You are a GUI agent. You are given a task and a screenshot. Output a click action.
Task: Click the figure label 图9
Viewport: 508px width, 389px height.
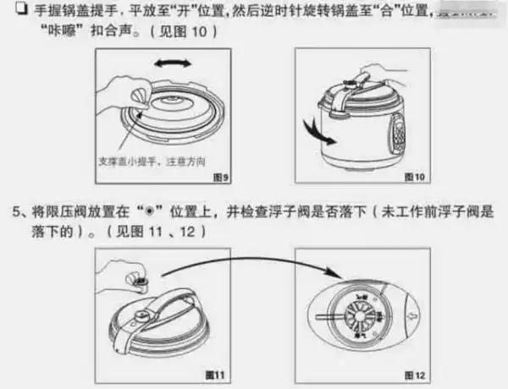(219, 176)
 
